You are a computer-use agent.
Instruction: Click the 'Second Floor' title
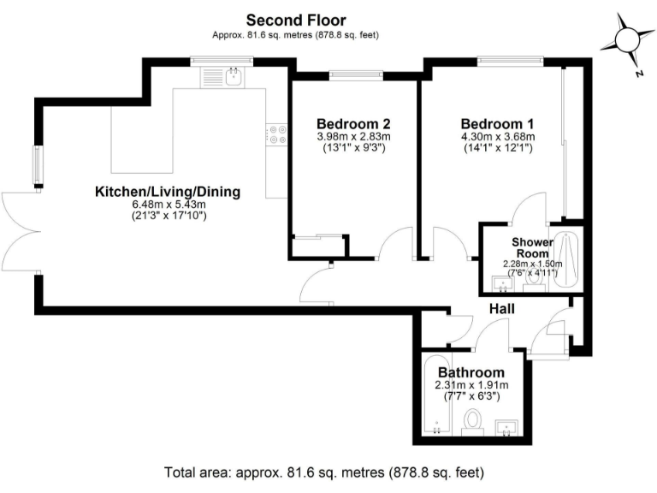pos(295,19)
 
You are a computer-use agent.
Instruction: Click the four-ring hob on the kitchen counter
pos(278,133)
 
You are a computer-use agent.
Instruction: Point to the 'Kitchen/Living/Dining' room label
pos(168,192)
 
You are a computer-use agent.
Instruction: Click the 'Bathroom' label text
pos(471,373)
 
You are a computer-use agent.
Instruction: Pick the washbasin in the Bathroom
pos(509,427)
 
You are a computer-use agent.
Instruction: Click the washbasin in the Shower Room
pos(502,282)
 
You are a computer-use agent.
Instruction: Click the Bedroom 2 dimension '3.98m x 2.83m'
pos(353,136)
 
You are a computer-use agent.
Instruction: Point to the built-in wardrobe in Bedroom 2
pos(318,245)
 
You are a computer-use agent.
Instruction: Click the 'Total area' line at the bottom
pos(324,472)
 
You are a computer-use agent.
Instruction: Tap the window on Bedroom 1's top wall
pos(510,60)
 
